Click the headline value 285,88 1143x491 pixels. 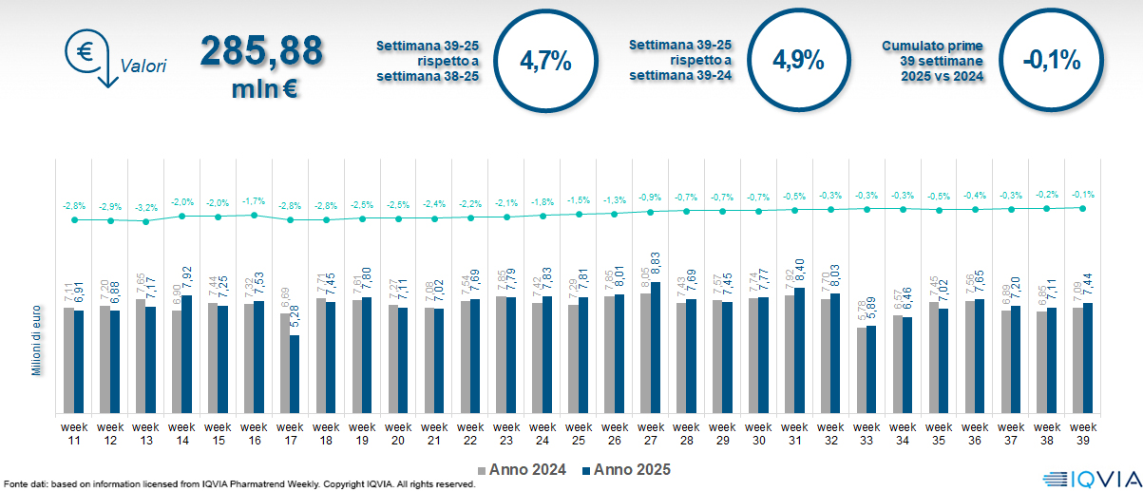(x=260, y=52)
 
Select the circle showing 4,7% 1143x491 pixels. (x=545, y=61)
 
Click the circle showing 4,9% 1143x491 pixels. (x=797, y=61)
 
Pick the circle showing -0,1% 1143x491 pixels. (x=1052, y=61)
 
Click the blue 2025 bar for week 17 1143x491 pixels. (x=295, y=374)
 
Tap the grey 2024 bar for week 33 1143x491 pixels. (x=862, y=370)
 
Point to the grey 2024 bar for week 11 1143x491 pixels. (x=68, y=360)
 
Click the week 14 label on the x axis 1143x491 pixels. (x=181, y=434)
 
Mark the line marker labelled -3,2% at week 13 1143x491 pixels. (x=145, y=221)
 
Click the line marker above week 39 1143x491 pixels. (x=1083, y=208)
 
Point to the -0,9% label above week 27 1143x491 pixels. (x=650, y=197)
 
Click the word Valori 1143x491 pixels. (x=143, y=66)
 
